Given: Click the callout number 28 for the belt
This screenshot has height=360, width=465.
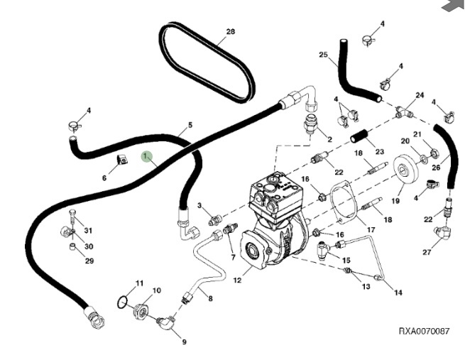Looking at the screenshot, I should point(230,32).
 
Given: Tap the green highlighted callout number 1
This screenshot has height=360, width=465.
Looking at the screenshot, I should point(146,156).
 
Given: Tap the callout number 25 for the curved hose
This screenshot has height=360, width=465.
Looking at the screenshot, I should point(323,55).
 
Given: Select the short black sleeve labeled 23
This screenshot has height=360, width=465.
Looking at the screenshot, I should point(359,135).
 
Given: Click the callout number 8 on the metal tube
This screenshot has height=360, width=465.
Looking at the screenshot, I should point(210,298).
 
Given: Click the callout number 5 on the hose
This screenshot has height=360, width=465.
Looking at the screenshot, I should point(190,127).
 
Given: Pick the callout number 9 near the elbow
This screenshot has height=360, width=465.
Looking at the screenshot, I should point(185,342).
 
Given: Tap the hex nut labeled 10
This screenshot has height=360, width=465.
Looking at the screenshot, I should point(141,310).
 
